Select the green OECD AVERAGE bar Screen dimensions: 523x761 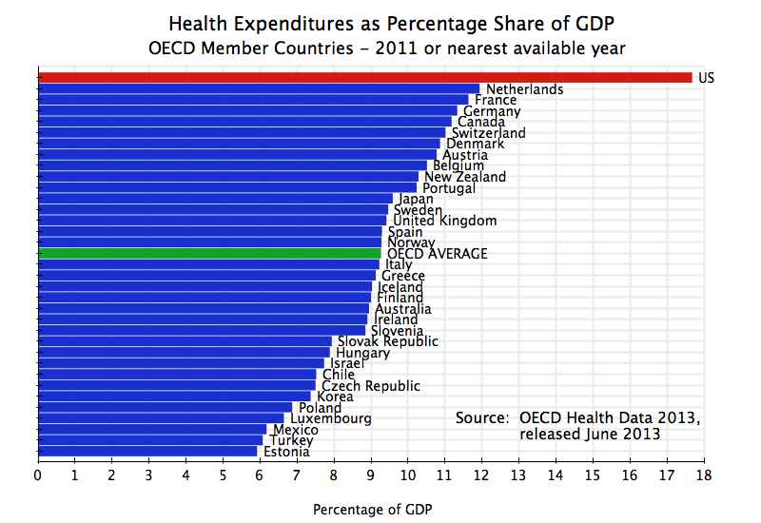(209, 254)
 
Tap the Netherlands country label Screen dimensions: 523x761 (524, 89)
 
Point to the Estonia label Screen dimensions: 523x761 (285, 452)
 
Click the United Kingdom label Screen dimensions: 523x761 (444, 221)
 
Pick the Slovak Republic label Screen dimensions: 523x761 (387, 341)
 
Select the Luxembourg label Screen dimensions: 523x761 (330, 418)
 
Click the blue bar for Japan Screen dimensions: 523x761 (214, 199)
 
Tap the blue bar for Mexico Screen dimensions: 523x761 (152, 430)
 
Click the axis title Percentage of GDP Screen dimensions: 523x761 (373, 510)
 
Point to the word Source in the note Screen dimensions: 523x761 (483, 417)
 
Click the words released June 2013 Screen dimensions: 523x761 (590, 435)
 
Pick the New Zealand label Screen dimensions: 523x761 (465, 177)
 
